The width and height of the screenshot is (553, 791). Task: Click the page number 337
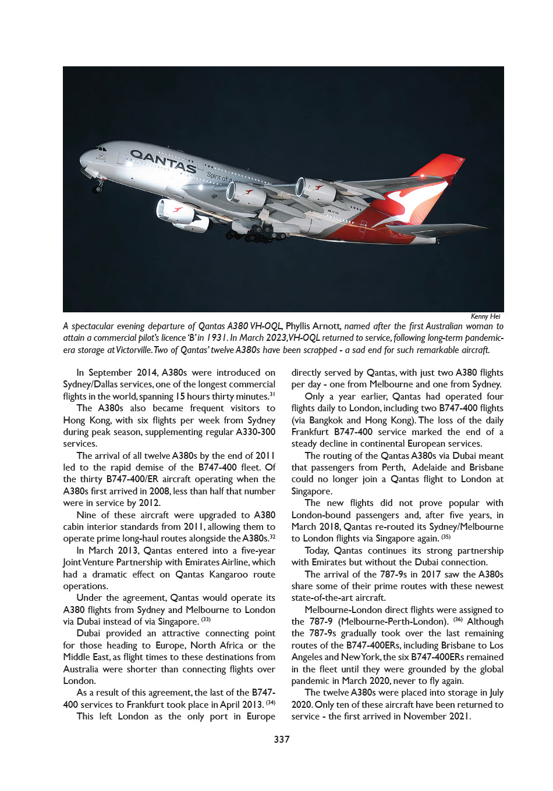pos(282,739)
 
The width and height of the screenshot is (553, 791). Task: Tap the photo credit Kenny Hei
pos(485,316)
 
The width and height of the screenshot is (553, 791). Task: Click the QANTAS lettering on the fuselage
pos(163,161)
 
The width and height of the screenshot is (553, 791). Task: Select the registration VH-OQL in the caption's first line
pos(266,326)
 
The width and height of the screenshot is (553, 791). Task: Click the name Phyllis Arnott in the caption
pos(313,326)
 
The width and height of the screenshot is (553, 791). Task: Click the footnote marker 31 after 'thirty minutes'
pos(272,394)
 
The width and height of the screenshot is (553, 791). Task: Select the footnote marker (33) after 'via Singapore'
pos(206,620)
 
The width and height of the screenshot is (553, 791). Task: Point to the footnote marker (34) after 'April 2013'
pos(271,703)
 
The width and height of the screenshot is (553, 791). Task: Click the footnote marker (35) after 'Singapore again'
pos(446,537)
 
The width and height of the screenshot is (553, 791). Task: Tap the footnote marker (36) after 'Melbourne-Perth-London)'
pos(458,620)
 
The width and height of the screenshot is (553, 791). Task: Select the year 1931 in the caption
pos(217,338)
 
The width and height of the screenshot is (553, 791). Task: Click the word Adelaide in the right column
pos(430,468)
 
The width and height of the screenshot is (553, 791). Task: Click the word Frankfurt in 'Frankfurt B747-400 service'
pos(310,432)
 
